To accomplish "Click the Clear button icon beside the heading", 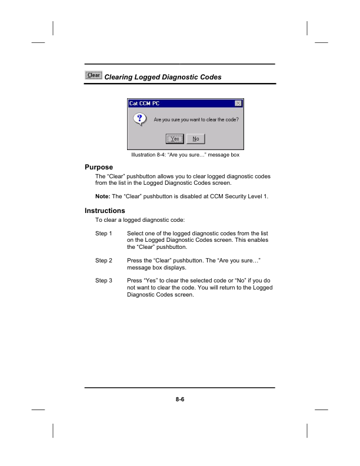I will [94, 75].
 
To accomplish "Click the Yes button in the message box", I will [175, 139].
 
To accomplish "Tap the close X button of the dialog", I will [238, 104].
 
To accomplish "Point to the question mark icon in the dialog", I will [139, 119].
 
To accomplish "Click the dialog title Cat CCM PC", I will [145, 104].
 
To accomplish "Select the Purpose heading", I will [99, 168].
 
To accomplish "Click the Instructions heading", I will [105, 211].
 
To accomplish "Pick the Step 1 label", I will [104, 234].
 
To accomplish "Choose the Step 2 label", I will [104, 259].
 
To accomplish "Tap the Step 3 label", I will [104, 281].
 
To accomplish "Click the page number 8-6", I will [180, 400].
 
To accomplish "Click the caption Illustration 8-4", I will [149, 155].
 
